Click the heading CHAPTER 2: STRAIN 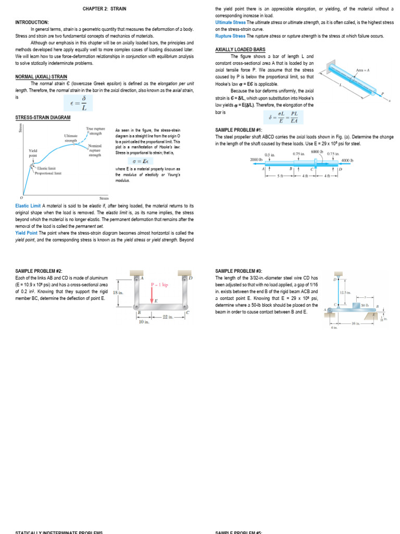[104, 9]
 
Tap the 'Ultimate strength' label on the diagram [71, 138]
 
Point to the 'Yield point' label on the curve [33, 153]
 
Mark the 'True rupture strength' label [96, 131]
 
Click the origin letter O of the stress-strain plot [21, 198]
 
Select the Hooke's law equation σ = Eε [147, 162]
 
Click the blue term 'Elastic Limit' [28, 206]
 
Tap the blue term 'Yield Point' [27, 233]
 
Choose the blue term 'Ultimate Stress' [230, 23]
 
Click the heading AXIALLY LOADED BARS [240, 50]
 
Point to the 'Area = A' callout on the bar [362, 70]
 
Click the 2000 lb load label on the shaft [255, 160]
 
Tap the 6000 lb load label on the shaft [317, 152]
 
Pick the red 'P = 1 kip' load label [159, 285]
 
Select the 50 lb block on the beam [362, 305]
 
